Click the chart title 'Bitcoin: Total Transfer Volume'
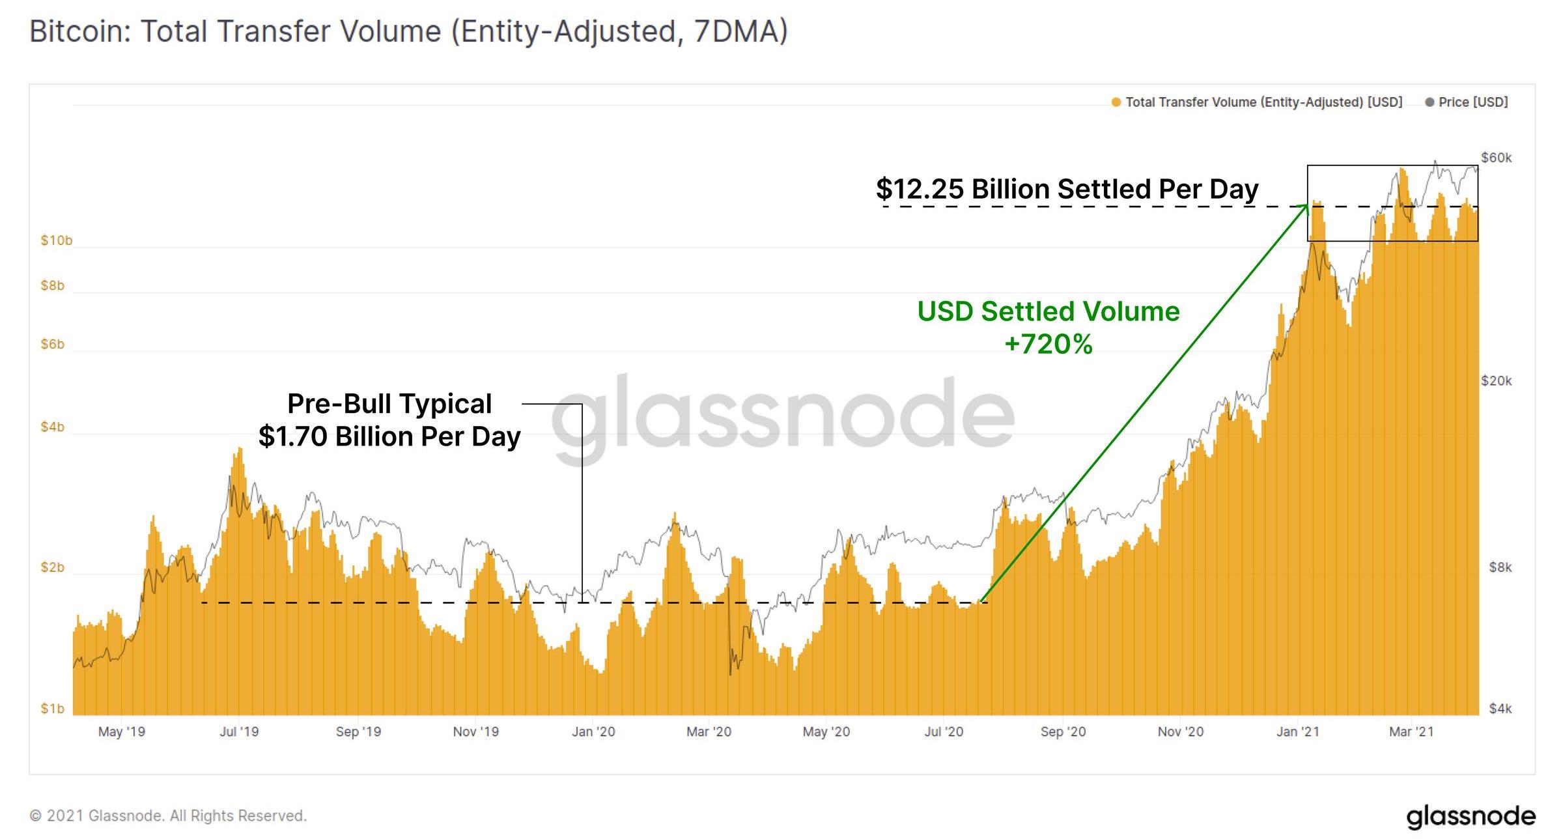408,31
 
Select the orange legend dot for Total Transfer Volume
1116,102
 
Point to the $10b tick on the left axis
56,240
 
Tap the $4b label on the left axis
52,427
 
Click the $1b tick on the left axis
52,708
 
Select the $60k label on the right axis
1496,158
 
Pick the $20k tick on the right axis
1496,380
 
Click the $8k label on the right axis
1500,567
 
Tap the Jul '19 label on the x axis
239,732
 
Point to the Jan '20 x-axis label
593,732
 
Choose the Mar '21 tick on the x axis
1411,732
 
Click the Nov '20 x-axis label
1180,732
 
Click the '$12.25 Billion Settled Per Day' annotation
1067,189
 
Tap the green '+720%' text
1048,344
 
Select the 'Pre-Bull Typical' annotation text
389,404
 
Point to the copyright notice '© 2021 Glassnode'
168,816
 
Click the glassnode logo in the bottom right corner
1470,817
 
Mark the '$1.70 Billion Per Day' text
389,436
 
